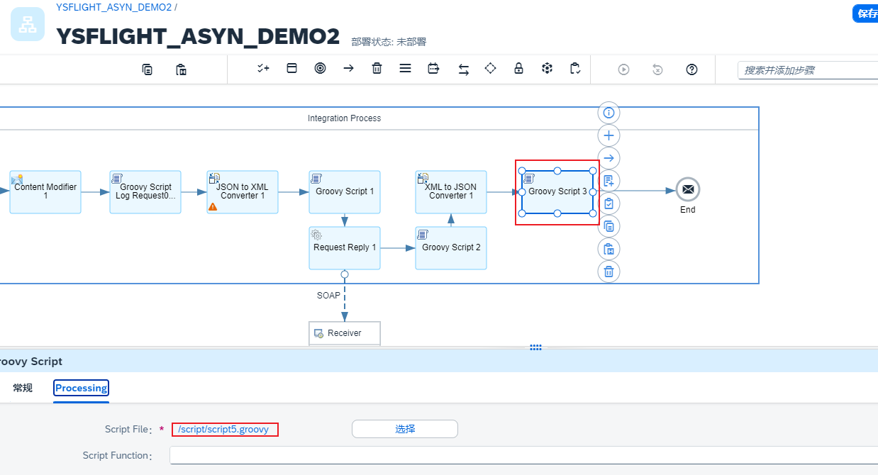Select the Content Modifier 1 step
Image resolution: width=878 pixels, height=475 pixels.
click(45, 191)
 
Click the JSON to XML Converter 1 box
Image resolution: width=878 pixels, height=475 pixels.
click(243, 191)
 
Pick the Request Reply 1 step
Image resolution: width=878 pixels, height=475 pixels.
click(345, 247)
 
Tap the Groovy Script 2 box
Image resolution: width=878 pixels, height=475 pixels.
click(451, 247)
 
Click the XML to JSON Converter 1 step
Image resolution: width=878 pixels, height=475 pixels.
click(451, 191)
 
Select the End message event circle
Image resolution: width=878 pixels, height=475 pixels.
click(687, 190)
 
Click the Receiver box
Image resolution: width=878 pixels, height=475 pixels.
click(345, 333)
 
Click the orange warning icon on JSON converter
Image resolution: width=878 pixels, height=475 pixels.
click(213, 206)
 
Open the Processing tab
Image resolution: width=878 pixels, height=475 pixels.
click(82, 388)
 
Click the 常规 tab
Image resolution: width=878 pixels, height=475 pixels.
click(23, 388)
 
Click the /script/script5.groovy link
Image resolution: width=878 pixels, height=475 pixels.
click(223, 429)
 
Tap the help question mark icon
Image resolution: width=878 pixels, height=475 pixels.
click(692, 69)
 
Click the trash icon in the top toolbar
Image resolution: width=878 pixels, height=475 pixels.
click(377, 69)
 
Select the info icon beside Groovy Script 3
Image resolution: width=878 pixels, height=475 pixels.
click(609, 113)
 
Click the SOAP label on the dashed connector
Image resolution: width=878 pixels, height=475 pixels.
click(328, 295)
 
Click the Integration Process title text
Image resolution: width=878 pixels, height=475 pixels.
click(344, 118)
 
